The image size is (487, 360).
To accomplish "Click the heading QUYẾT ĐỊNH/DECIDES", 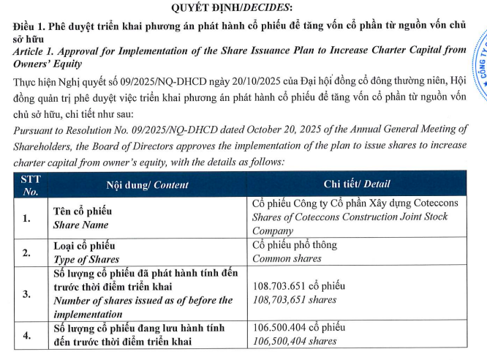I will tap(232, 8).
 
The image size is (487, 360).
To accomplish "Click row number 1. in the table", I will tap(27, 218).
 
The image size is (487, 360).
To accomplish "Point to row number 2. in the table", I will tap(27, 252).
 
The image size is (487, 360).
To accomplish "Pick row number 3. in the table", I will tap(27, 293).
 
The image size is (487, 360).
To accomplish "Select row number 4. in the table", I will tap(27, 334).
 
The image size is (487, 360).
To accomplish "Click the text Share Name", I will tap(80, 225).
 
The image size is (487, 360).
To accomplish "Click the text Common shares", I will tap(287, 258).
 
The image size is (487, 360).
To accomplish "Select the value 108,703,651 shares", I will tap(294, 300).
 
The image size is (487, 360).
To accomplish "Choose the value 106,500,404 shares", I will tap(294, 341).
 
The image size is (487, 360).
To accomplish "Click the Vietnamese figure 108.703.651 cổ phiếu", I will tap(298, 286).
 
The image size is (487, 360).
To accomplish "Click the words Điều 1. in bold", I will tap(30, 25).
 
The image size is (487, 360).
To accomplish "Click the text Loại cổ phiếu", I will tap(84, 246).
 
